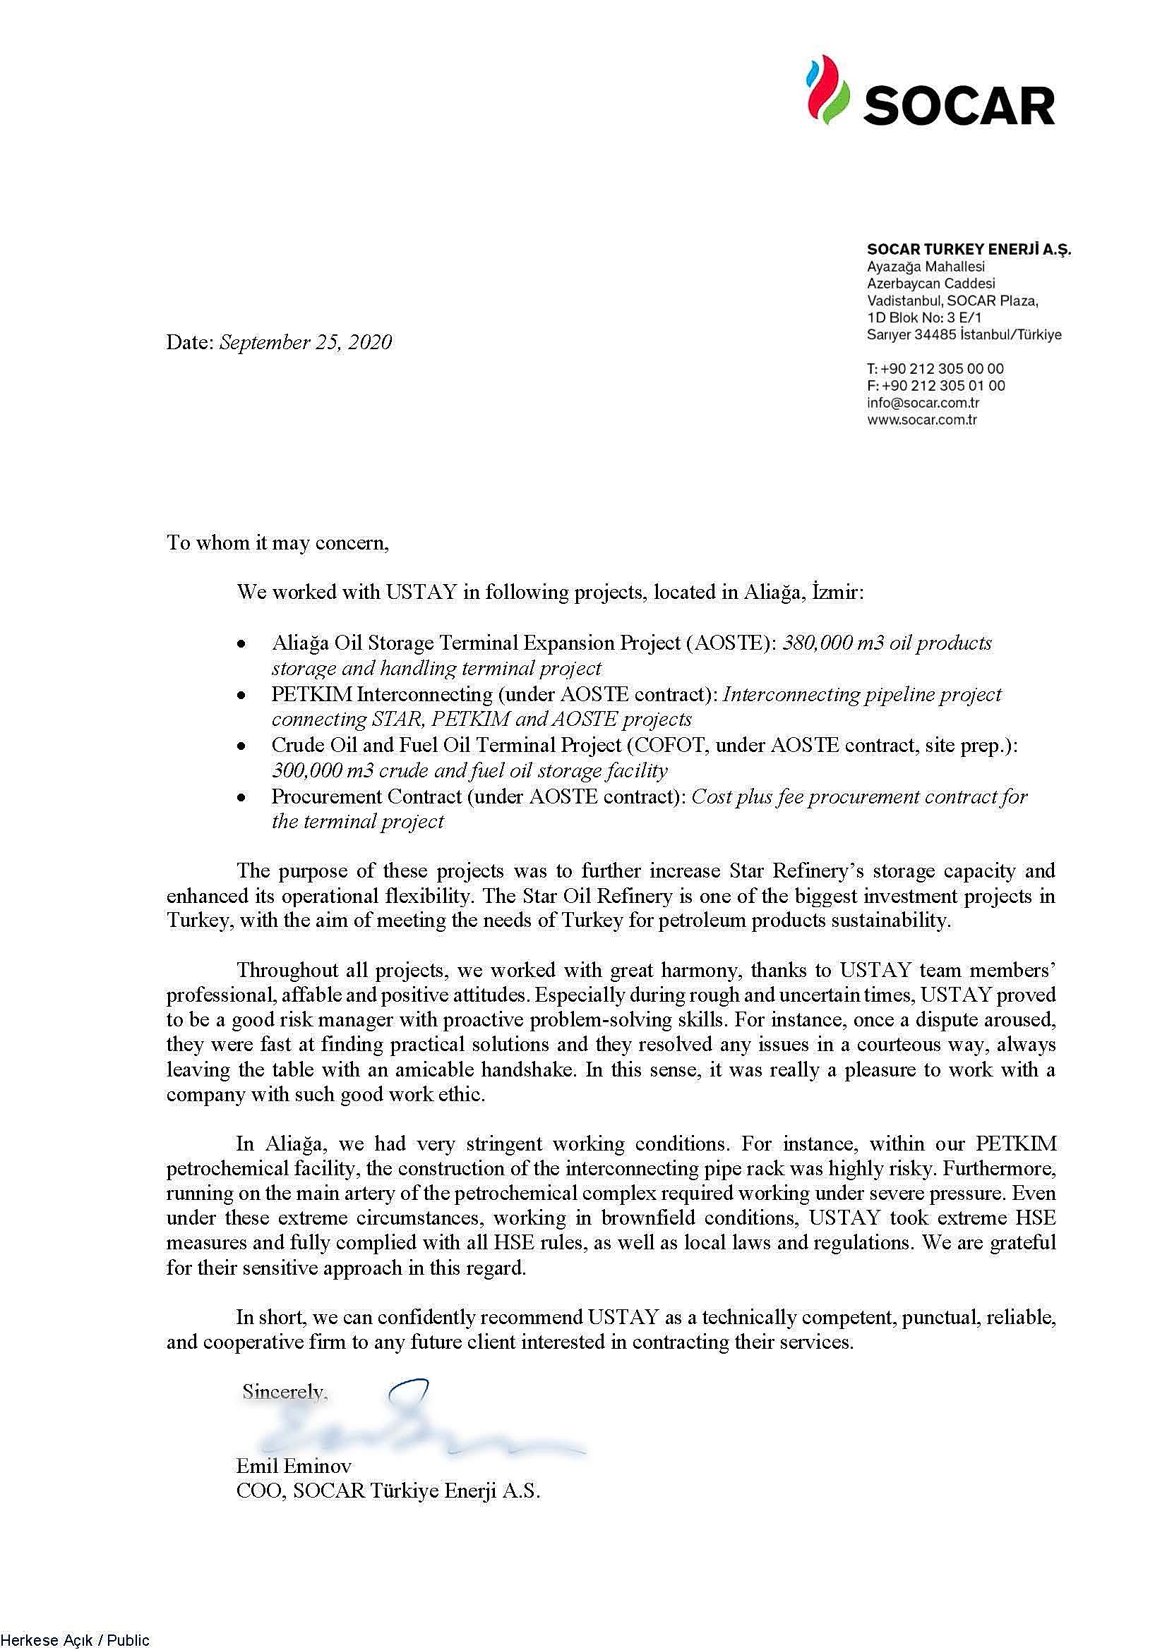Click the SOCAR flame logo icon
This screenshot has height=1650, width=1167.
(x=827, y=91)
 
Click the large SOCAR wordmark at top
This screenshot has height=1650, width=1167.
(x=959, y=106)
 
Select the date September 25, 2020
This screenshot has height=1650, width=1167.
(x=306, y=342)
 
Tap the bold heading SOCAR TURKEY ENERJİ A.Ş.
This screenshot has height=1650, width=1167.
(x=969, y=249)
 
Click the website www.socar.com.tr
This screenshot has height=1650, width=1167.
(x=922, y=420)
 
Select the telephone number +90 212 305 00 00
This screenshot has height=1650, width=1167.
(x=942, y=369)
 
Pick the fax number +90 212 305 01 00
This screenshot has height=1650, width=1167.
(x=943, y=386)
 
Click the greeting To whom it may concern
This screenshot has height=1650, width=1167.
(x=277, y=542)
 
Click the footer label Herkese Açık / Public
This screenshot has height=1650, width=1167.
(x=75, y=1640)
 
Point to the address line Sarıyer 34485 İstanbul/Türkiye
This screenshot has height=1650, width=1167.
(x=964, y=334)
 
